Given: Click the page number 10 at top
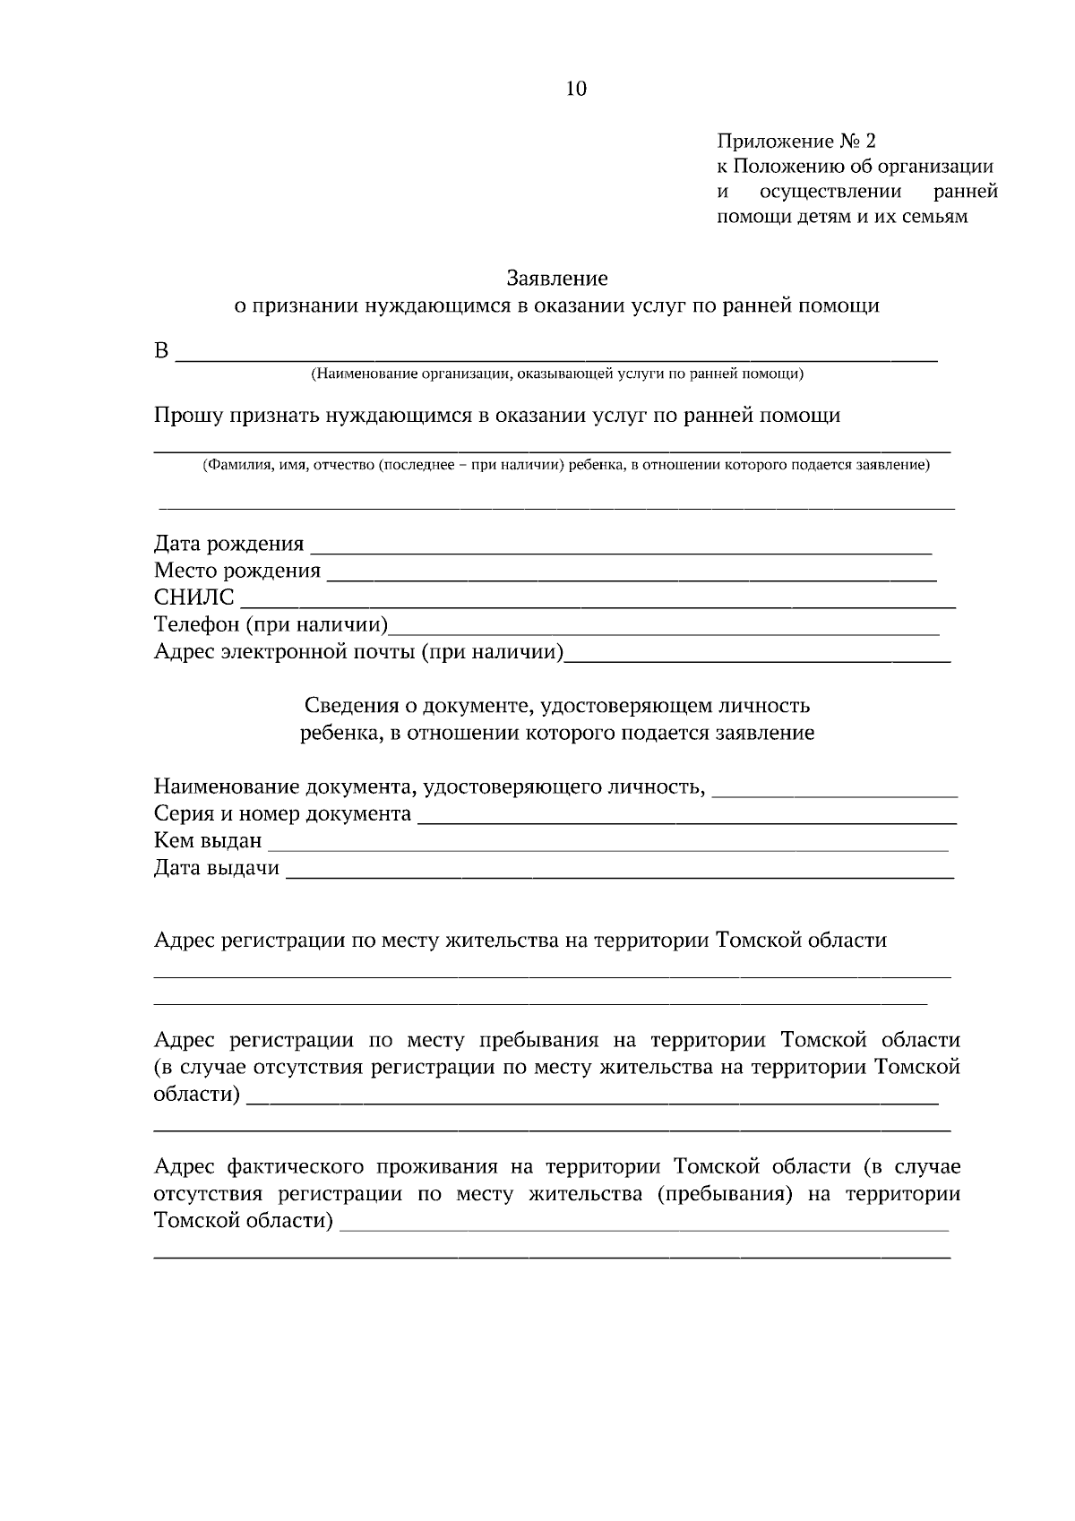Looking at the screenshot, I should [576, 88].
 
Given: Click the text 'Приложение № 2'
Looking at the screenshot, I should [795, 141].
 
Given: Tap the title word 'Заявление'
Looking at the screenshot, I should [556, 278].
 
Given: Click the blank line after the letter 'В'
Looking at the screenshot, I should [555, 354].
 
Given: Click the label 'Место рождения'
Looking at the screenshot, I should [237, 571].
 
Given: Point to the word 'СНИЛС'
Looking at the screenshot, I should [194, 597].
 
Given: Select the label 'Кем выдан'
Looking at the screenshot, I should [208, 841].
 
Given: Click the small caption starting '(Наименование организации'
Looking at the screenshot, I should [556, 374].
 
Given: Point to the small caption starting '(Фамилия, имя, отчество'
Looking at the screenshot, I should [565, 465].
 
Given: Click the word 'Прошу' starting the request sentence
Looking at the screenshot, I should [188, 416].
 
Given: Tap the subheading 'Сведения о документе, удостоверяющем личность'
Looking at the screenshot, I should [556, 706].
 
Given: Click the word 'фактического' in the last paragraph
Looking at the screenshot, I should [296, 1166].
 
